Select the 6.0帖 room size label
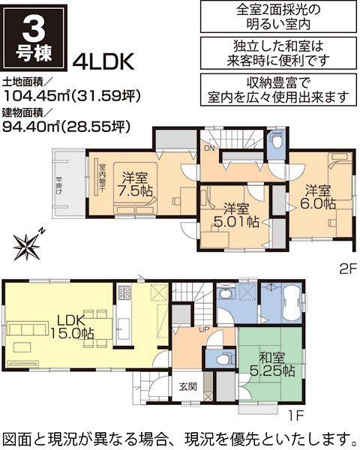click(x=319, y=202)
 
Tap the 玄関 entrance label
click(x=187, y=388)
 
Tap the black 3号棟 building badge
click(x=34, y=35)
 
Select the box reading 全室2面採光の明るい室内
click(x=277, y=16)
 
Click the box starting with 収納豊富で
click(x=277, y=89)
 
